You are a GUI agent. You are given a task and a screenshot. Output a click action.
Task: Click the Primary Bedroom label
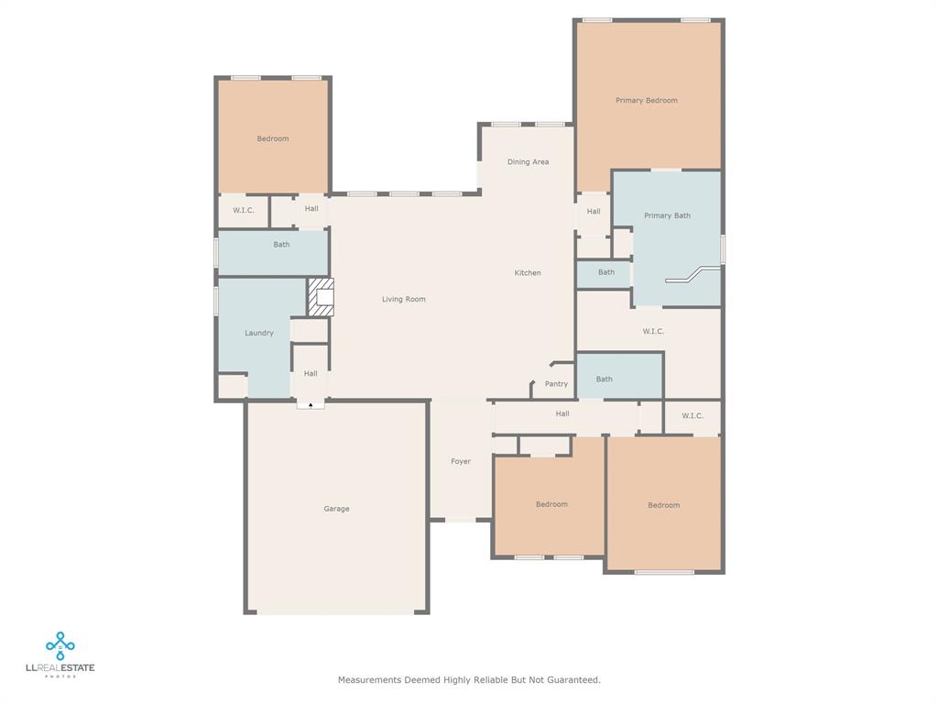[647, 101]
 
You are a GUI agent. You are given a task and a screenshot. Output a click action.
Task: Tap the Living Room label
[404, 300]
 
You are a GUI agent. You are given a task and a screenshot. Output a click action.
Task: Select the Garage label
[336, 509]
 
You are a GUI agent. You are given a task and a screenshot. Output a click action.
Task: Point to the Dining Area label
[528, 162]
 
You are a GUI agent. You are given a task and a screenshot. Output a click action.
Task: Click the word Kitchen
[528, 273]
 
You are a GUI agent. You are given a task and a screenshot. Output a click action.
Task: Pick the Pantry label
[556, 384]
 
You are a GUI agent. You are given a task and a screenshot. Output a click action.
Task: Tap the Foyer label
[461, 462]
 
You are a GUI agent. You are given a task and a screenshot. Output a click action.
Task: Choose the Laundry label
[259, 333]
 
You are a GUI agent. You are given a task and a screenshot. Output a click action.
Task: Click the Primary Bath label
[667, 215]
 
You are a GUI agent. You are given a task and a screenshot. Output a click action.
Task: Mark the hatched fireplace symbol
[321, 297]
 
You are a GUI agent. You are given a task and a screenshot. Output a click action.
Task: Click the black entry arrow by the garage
[311, 405]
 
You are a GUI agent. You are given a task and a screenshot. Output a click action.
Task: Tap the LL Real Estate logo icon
[60, 646]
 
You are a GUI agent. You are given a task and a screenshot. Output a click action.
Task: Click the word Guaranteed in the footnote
[575, 680]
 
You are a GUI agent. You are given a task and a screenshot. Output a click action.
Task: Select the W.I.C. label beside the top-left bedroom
[244, 210]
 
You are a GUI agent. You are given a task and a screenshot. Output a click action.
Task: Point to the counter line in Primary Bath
[693, 275]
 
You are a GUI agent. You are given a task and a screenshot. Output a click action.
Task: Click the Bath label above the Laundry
[281, 245]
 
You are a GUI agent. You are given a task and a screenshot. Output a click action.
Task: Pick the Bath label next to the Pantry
[605, 379]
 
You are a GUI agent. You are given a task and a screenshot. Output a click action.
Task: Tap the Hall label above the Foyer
[562, 413]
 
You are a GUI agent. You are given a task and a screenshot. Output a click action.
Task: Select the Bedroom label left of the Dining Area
[273, 139]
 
